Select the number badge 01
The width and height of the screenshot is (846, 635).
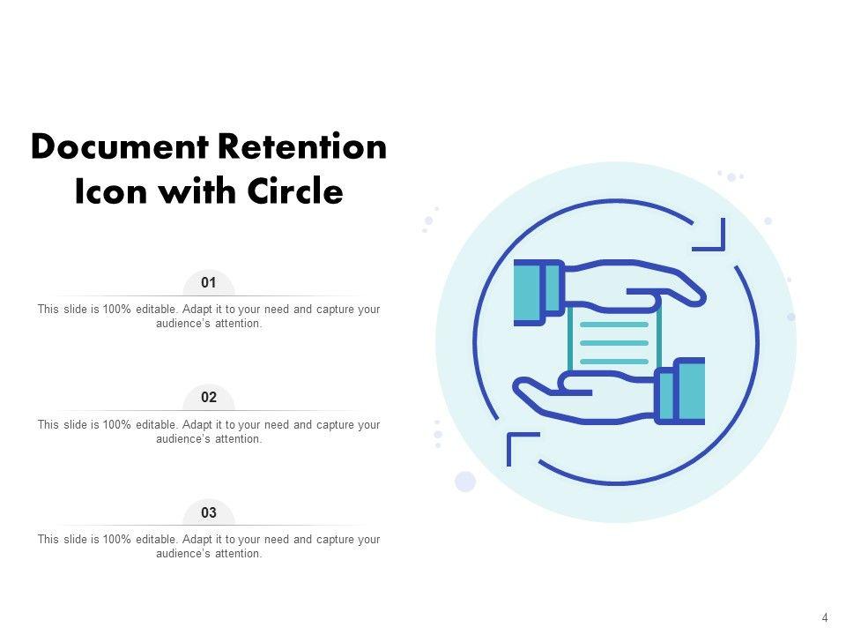209,283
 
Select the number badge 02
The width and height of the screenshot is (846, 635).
209,398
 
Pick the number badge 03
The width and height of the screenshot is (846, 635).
209,512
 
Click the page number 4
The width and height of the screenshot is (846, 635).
825,618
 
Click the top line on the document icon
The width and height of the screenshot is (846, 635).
614,325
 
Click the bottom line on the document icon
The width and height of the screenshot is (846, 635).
614,361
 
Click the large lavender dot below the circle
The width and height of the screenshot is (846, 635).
465,482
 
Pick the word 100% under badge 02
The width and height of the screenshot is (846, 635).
116,424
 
